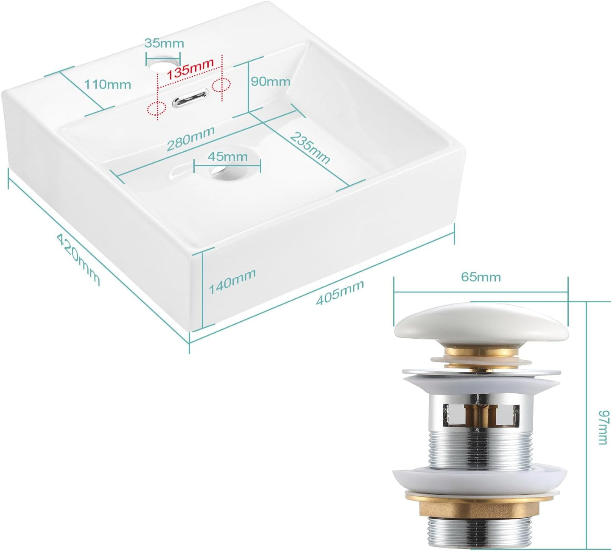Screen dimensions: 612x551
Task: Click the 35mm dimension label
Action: (164, 43)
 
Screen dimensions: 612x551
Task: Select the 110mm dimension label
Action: (107, 84)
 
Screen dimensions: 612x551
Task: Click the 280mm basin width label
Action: (190, 138)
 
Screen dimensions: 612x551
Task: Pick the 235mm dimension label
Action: (310, 148)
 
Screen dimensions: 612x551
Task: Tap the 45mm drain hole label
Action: (228, 157)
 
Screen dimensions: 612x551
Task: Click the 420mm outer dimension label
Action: (78, 259)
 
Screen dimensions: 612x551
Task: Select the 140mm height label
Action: (232, 281)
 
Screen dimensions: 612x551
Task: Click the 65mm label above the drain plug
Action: (481, 277)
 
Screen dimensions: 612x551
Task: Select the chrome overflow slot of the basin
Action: (190, 97)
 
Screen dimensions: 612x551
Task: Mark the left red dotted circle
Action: (157, 108)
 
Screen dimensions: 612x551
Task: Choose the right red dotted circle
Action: (221, 85)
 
